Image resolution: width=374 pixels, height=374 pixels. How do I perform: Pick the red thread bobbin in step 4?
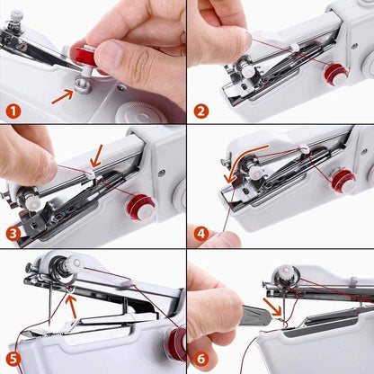point(343,181)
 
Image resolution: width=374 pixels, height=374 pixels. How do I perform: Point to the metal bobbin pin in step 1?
point(81,84)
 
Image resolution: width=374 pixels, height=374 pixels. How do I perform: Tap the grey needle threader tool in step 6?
point(256,315)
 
